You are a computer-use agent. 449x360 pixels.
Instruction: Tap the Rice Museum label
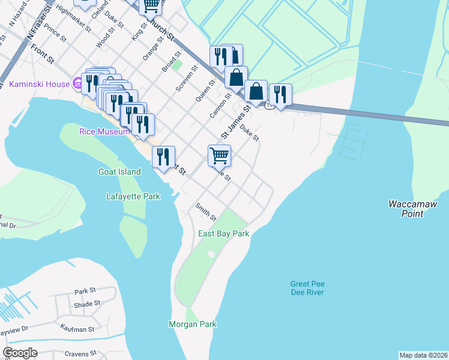coord(104,131)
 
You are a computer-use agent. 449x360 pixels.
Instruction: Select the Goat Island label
coord(119,172)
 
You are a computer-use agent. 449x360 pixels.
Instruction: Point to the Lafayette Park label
coord(133,196)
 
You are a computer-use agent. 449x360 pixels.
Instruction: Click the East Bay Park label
coord(223,233)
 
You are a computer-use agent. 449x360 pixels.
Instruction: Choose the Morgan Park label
coord(192,325)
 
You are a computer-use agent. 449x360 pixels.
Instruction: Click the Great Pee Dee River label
coord(307,288)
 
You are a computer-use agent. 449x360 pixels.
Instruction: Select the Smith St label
coord(205,211)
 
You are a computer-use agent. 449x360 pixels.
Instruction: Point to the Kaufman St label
coord(77,328)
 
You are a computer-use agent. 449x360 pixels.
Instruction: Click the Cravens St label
coord(81,353)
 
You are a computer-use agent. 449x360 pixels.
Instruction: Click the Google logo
coord(20,353)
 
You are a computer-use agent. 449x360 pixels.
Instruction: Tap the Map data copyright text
coord(423,355)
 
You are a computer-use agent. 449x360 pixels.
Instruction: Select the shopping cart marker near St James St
coord(220,155)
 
